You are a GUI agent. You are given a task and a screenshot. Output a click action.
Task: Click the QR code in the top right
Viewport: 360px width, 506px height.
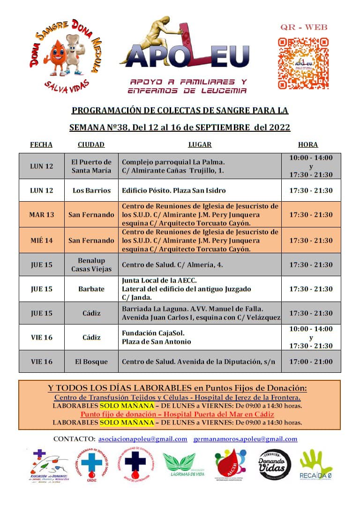302,63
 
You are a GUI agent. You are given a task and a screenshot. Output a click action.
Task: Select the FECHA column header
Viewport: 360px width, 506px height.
41,144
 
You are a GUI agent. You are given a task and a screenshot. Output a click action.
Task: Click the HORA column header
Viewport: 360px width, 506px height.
308,144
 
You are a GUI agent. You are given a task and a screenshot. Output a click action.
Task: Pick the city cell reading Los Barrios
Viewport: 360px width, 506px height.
91,190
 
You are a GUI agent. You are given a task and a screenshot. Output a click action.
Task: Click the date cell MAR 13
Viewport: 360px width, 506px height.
42,215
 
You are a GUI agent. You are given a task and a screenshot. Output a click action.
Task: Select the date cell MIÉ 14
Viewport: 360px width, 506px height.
42,241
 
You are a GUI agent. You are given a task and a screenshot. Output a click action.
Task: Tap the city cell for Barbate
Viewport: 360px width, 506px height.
91,289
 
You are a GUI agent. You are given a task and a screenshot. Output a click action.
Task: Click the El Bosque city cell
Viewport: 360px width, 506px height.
91,362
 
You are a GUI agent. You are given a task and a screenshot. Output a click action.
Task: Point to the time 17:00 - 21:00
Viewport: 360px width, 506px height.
311,362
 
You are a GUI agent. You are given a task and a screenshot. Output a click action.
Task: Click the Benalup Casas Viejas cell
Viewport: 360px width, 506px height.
91,264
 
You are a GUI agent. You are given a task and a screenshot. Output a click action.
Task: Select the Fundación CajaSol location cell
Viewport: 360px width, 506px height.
200,337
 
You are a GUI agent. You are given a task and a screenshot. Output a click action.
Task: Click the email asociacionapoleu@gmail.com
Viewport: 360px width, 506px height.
143,439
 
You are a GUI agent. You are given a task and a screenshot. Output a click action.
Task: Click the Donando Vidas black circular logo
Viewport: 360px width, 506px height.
275,465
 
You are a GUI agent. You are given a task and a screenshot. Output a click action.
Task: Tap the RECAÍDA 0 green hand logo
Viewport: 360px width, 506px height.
316,465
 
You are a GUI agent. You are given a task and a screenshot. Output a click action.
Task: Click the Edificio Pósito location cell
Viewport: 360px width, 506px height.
200,190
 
